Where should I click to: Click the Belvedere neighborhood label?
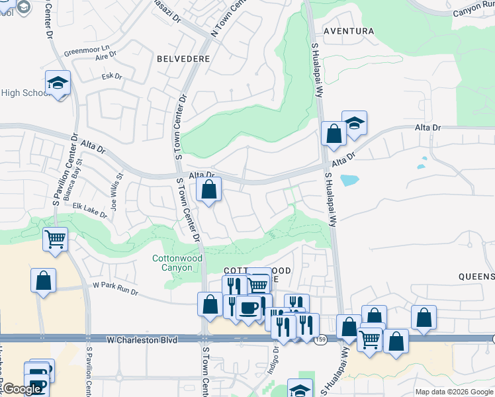click(x=183, y=59)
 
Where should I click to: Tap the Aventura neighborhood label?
click(x=349, y=31)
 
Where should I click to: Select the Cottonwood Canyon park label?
click(x=172, y=263)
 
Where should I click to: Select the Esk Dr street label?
click(x=112, y=77)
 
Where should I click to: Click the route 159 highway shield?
click(x=320, y=339)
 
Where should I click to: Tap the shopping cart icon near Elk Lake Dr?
click(x=55, y=238)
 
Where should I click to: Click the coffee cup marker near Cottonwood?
click(x=248, y=308)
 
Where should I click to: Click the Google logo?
click(x=21, y=389)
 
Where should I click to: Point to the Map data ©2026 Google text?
click(x=453, y=392)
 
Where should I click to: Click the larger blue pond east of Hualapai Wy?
click(x=348, y=179)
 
